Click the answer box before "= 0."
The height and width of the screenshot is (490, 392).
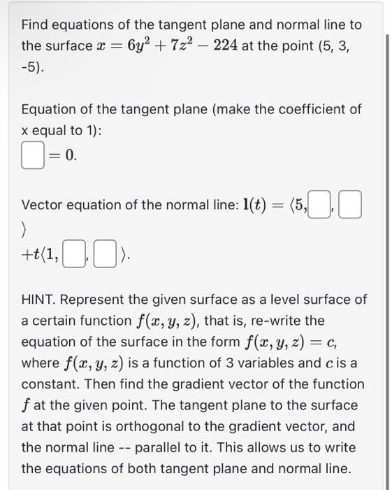click(33, 156)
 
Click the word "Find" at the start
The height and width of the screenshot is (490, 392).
click(36, 25)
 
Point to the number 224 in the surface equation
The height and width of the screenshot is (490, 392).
click(225, 45)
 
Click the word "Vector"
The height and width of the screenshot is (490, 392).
click(43, 206)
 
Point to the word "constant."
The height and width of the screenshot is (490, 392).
click(50, 384)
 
